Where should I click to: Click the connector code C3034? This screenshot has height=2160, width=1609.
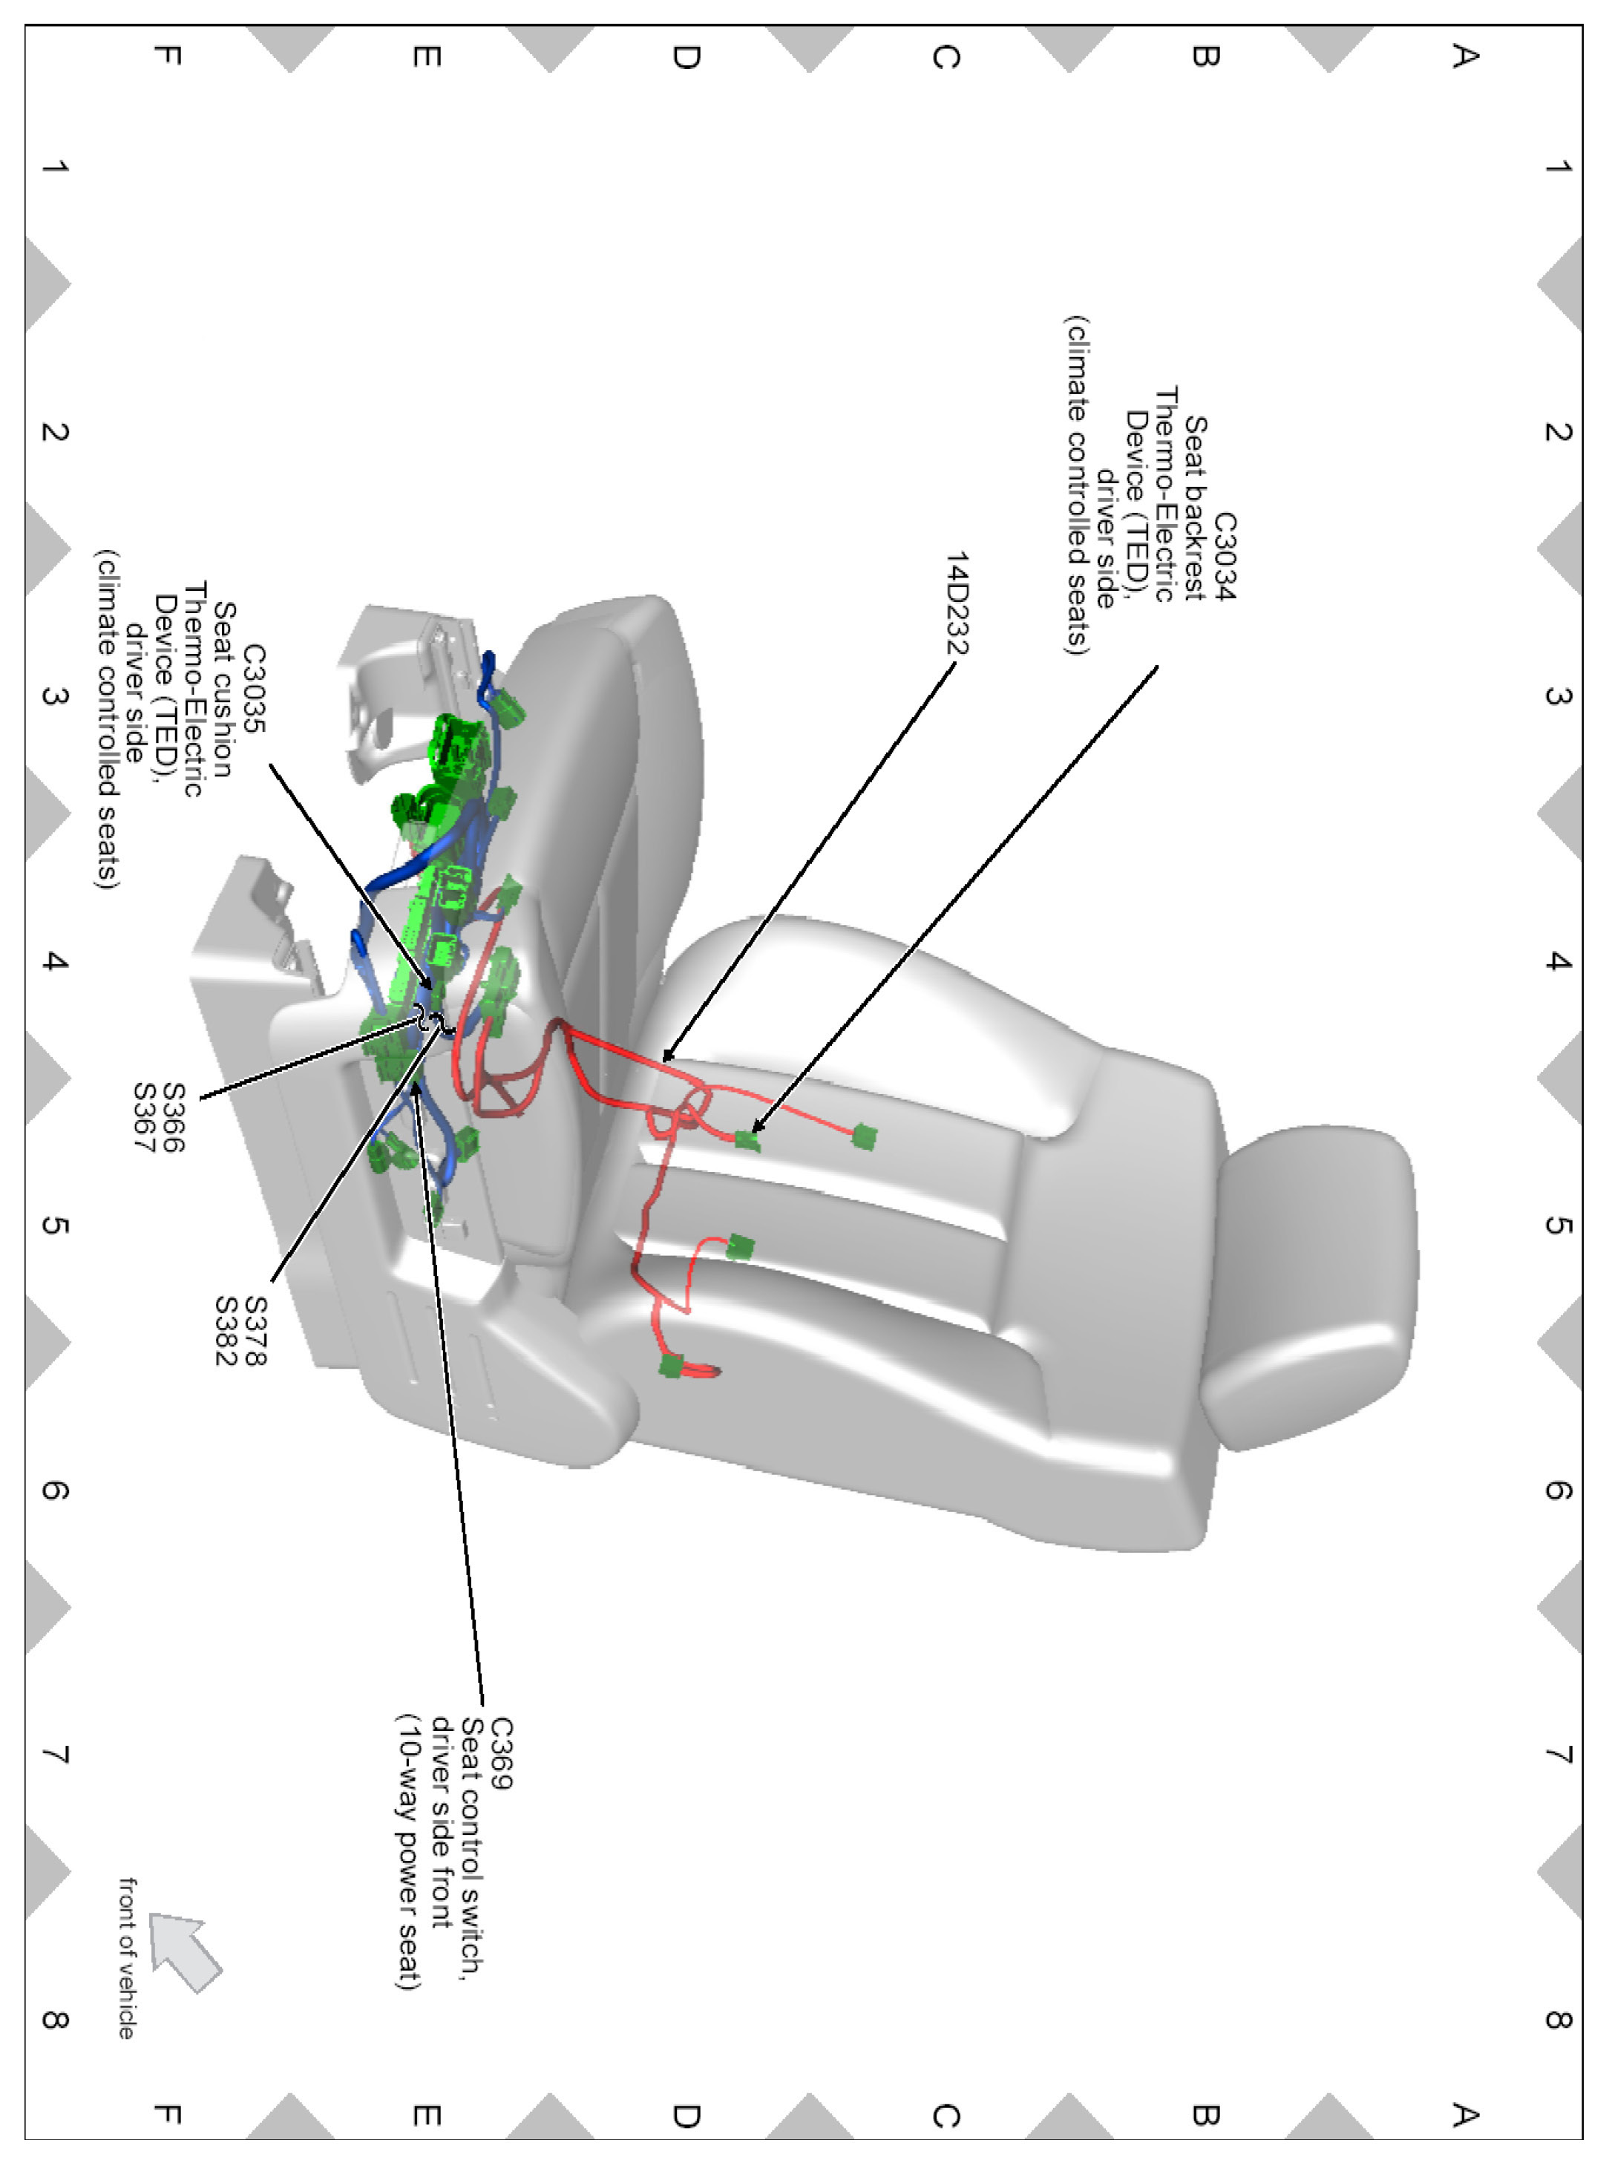coord(1225,557)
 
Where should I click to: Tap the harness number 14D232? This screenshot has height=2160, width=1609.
coord(958,603)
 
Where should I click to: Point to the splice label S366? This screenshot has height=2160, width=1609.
coord(174,1117)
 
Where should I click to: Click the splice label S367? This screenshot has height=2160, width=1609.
coord(144,1117)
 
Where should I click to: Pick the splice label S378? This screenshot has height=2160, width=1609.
coord(255,1330)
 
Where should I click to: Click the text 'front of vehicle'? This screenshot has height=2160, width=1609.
coord(128,1957)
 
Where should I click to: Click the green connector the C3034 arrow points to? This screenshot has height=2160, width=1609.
coord(747,1139)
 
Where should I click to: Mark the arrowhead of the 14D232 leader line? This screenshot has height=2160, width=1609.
coord(665,1058)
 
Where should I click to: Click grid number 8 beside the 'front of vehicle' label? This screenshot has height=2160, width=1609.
coord(54,2020)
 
